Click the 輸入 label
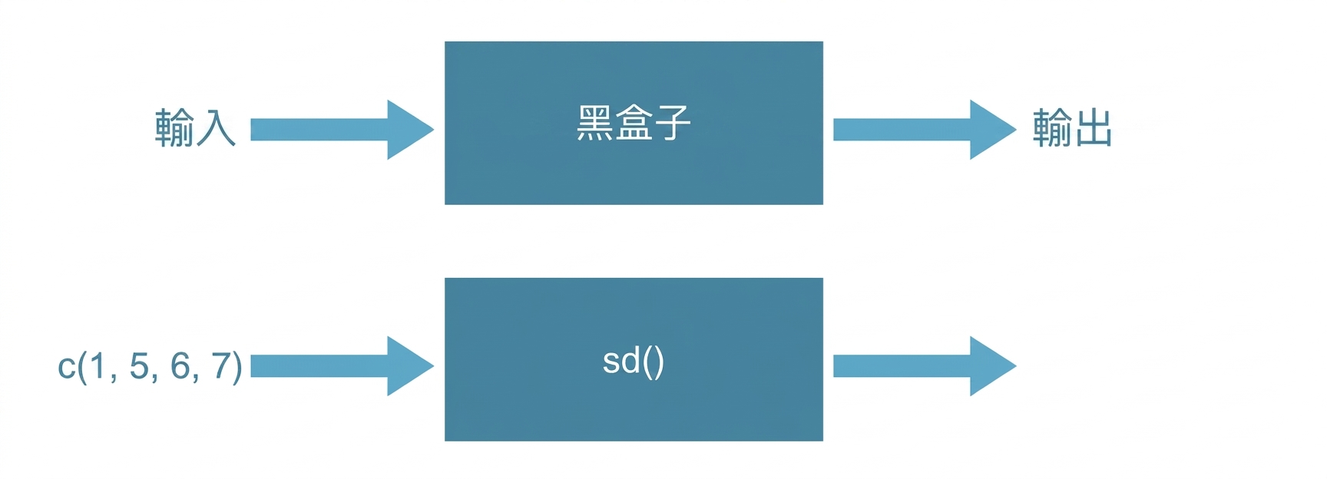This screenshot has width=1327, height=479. tap(195, 127)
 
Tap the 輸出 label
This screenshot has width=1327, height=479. tap(1072, 127)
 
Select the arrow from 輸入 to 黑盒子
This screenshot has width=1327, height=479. tap(343, 130)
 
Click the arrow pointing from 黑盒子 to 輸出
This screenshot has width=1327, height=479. tap(925, 130)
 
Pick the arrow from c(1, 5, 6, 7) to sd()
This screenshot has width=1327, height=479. tap(343, 366)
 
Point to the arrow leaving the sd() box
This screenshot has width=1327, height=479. tap(925, 366)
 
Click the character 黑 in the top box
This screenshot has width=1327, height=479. tap(594, 123)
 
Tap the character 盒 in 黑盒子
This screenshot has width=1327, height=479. tap(634, 123)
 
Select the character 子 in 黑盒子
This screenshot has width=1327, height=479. tap(673, 123)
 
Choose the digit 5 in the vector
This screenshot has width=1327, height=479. tap(139, 366)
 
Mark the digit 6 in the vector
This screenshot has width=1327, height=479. tap(180, 366)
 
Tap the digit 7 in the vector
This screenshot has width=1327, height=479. tap(221, 366)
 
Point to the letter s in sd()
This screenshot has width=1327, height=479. tap(611, 362)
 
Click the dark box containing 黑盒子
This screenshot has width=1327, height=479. tap(634, 123)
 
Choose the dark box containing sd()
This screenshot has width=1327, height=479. tap(634, 359)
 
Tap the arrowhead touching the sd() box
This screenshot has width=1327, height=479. tap(410, 366)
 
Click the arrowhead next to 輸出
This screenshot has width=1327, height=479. tap(993, 130)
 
